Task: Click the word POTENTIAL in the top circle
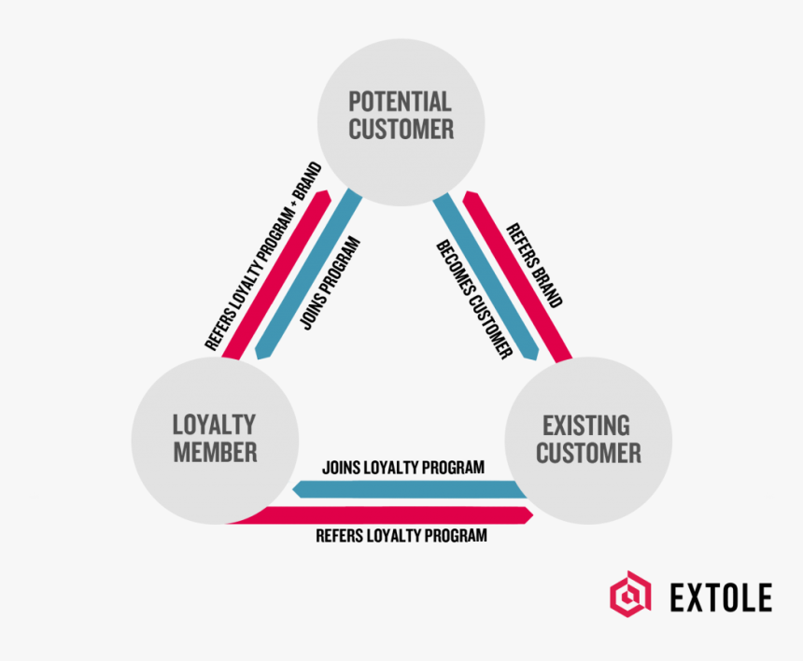[x=401, y=102]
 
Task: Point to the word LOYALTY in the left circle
[x=215, y=425]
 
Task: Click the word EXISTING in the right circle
[x=587, y=426]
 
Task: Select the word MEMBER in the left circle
[x=215, y=454]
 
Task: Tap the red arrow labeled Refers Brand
[x=518, y=275]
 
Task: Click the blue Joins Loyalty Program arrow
[x=411, y=489]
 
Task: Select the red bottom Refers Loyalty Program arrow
[x=392, y=515]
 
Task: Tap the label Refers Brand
[x=535, y=265]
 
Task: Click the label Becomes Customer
[x=475, y=300]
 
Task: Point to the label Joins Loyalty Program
[x=402, y=467]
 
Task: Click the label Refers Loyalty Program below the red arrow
[x=401, y=536]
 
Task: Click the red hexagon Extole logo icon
[x=630, y=594]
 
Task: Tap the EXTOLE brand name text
[x=721, y=596]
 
